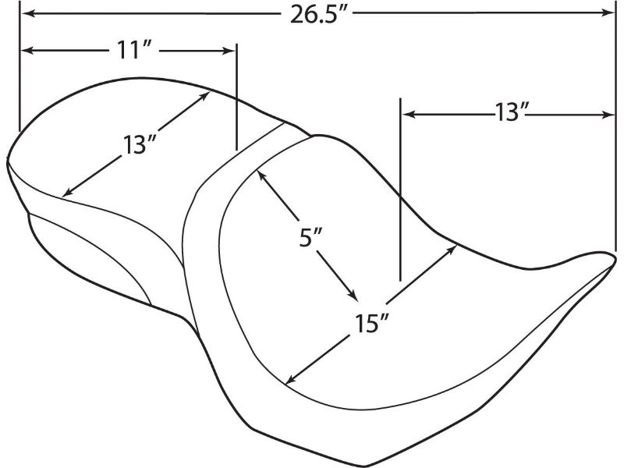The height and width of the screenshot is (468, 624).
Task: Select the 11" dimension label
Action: pos(133,51)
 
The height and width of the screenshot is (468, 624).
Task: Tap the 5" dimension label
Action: pos(310,238)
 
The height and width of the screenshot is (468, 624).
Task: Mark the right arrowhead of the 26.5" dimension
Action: pos(609,13)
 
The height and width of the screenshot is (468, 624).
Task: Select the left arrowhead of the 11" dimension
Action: pos(27,51)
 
